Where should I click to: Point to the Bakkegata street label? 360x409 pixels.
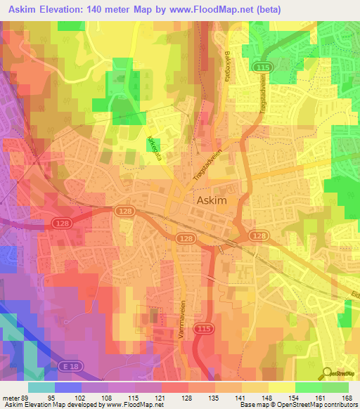[x=226, y=66]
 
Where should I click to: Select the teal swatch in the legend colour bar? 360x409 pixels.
[x=41, y=387]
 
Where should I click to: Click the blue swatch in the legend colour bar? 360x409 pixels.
[x=68, y=387]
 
